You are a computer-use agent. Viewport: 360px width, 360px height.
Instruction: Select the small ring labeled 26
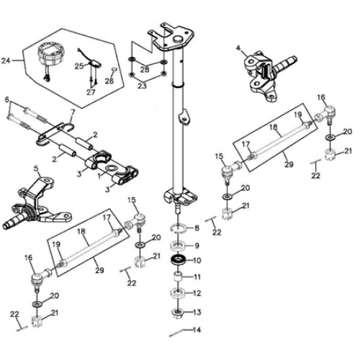point(114,71)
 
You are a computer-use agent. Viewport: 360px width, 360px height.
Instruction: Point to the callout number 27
point(91,92)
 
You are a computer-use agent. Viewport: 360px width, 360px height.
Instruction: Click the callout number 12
point(198,292)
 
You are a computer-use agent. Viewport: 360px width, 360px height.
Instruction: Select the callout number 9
point(198,246)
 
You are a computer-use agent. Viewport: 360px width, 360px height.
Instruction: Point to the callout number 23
point(142,85)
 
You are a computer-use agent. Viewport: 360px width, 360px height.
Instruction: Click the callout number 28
point(145,69)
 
